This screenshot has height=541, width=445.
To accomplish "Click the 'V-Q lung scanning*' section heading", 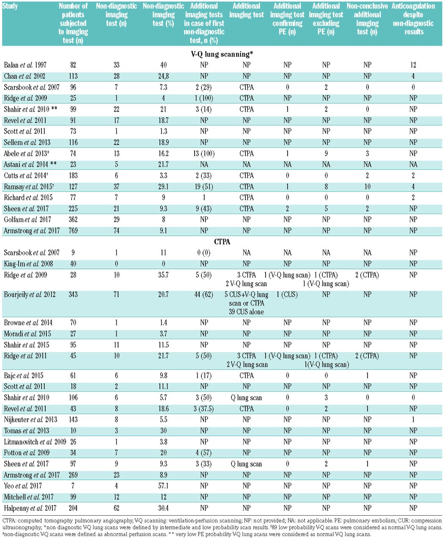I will coord(222,54).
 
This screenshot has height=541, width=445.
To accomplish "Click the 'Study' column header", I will coord(10,6).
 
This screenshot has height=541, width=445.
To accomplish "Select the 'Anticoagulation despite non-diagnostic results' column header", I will coord(413,19).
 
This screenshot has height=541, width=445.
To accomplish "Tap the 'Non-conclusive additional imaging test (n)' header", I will coord(367,19).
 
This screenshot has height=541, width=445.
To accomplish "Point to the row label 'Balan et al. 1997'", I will coord(25,65).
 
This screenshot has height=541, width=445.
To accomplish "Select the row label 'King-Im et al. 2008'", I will coord(28,264).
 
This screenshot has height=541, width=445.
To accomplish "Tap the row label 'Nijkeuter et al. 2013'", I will coord(30,420).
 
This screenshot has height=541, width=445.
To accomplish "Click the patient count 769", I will coord(73,231).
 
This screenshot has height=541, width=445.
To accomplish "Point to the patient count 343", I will coord(73,295).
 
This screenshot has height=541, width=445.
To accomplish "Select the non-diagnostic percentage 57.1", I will coord(163,486).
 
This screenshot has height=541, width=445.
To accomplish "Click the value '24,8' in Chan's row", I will coord(163,76).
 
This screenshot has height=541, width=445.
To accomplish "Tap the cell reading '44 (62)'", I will coord(204,295).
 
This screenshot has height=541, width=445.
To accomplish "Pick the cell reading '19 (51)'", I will coord(204,186).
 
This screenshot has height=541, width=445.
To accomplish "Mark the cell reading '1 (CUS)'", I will coord(287,295).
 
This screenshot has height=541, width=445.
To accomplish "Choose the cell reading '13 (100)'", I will coord(204,153).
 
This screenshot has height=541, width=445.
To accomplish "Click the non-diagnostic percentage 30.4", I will coord(163,508).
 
